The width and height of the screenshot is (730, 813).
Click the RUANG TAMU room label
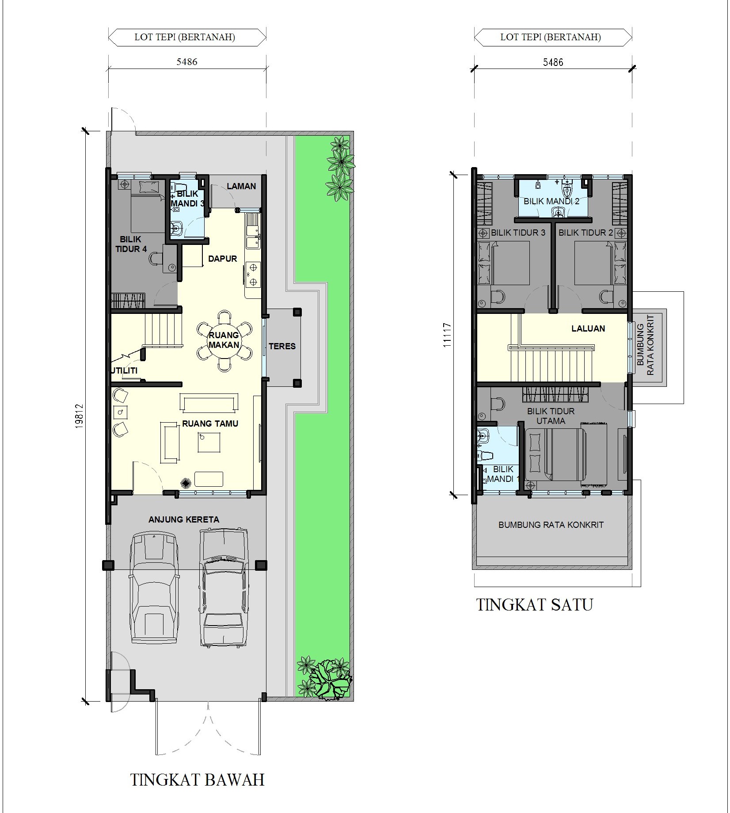pyautogui.click(x=210, y=424)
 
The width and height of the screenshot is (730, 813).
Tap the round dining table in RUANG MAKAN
pyautogui.click(x=224, y=340)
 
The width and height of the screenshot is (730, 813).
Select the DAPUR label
pyautogui.click(x=223, y=259)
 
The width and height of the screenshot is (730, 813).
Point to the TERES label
pyautogui.click(x=282, y=346)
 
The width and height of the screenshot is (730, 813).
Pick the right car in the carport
pyautogui.click(x=223, y=586)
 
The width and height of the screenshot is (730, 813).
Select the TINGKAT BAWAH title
pyautogui.click(x=198, y=779)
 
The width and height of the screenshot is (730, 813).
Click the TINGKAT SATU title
pyautogui.click(x=534, y=604)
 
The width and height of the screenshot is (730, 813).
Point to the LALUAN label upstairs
pyautogui.click(x=588, y=328)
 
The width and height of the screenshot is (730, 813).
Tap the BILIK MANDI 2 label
pyautogui.click(x=551, y=201)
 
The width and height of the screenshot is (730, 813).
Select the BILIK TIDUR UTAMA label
pyautogui.click(x=551, y=416)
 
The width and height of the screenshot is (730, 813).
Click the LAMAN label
pyautogui.click(x=241, y=186)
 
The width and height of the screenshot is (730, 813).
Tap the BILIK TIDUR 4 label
pyautogui.click(x=131, y=244)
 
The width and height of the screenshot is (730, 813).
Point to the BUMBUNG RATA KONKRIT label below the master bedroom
pyautogui.click(x=551, y=525)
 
